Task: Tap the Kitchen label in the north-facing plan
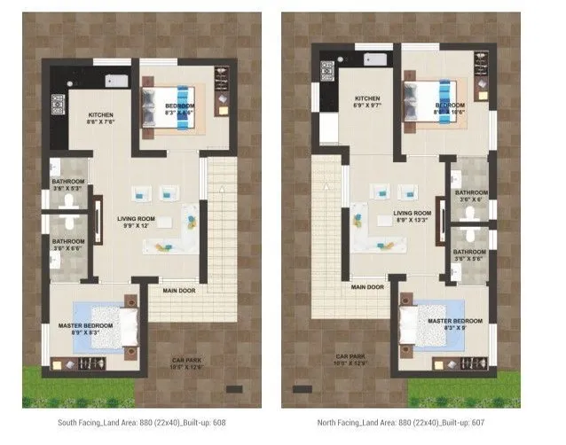pyautogui.click(x=367, y=103)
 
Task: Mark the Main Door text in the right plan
pyautogui.click(x=367, y=287)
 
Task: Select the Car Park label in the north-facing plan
pyautogui.click(x=351, y=360)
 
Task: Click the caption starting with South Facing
pyautogui.click(x=142, y=423)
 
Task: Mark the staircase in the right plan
pyautogui.click(x=328, y=213)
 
